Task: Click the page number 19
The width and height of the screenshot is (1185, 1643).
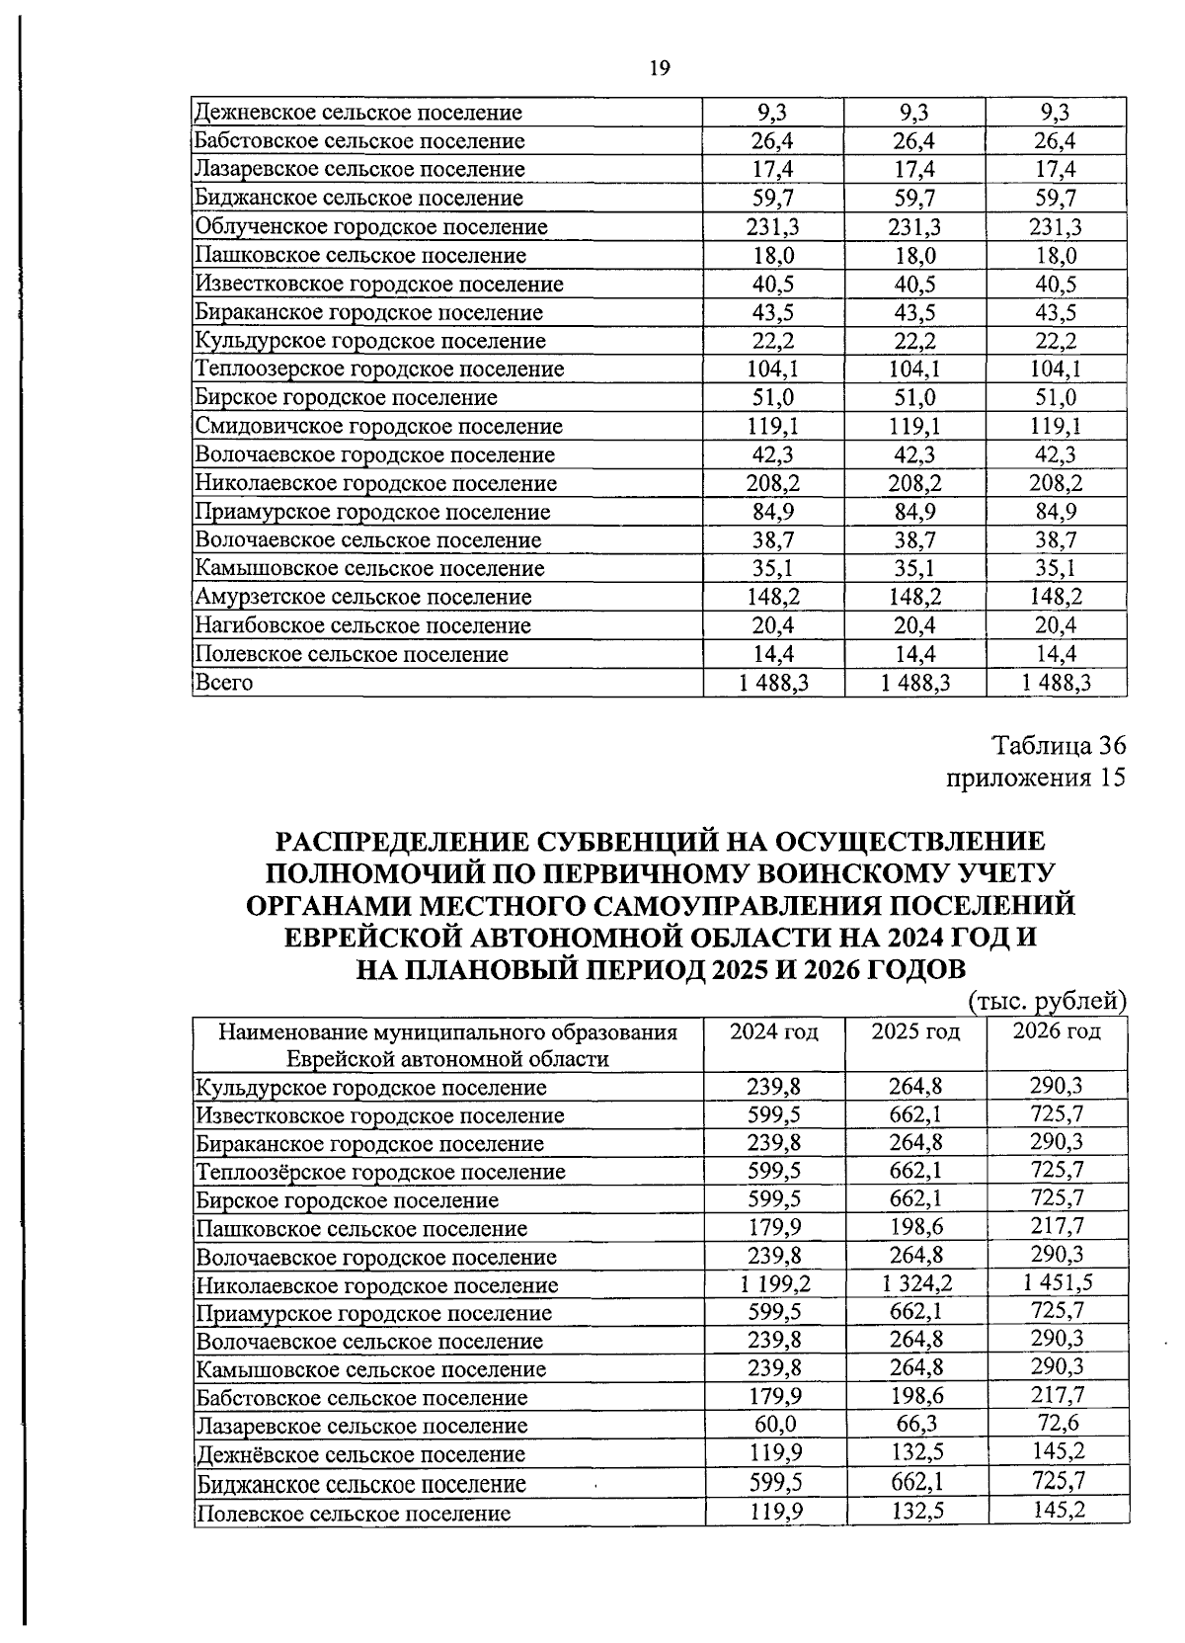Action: click(x=661, y=68)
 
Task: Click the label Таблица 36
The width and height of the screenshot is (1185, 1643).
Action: click(x=1058, y=746)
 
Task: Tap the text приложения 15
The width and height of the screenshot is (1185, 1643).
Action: click(x=1036, y=777)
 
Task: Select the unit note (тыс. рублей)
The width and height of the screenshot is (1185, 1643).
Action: click(x=1048, y=1002)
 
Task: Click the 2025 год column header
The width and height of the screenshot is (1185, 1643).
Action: click(x=915, y=1031)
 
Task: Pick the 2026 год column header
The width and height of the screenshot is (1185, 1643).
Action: click(x=1057, y=1031)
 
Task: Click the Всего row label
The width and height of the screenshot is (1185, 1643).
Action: click(x=224, y=683)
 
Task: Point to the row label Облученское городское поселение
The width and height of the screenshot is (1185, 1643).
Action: click(x=371, y=227)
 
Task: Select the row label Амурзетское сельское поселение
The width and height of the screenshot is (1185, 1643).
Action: click(x=363, y=597)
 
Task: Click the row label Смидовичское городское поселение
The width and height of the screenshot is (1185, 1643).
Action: click(x=379, y=427)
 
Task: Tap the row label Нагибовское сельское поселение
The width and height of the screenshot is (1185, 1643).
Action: click(x=362, y=625)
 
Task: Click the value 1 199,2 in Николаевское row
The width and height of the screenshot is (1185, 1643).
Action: click(x=774, y=1284)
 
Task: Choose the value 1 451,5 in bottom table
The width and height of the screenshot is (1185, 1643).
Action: click(x=1057, y=1283)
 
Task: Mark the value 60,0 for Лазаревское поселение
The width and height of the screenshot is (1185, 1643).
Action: click(x=774, y=1425)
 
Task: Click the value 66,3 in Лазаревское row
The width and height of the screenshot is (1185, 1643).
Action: click(x=915, y=1425)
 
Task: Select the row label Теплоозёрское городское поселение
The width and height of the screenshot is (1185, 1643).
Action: click(x=380, y=1173)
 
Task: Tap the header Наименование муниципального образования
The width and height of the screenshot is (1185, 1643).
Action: click(x=447, y=1033)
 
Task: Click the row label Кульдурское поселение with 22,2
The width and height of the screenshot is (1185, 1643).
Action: click(x=370, y=341)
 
